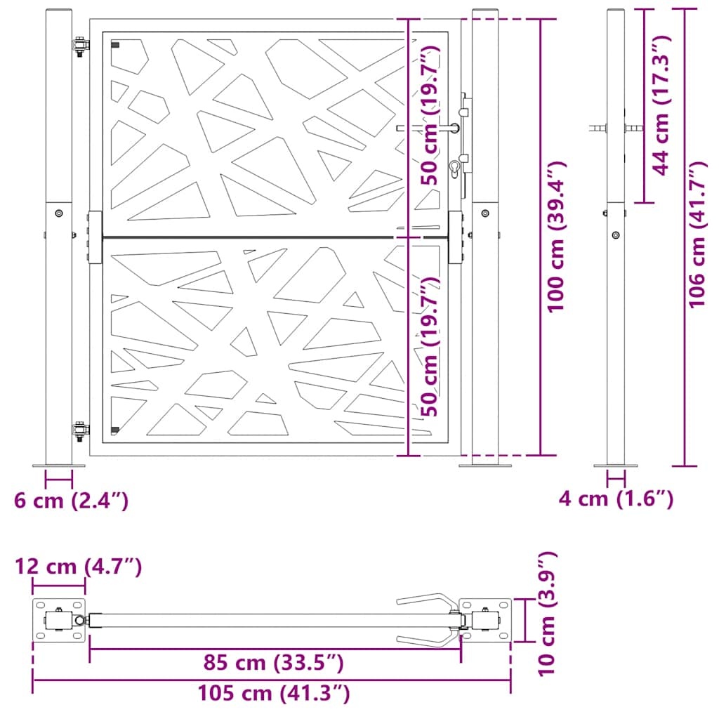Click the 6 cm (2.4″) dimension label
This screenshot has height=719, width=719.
click(x=71, y=501)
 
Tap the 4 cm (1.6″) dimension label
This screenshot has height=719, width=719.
click(x=616, y=499)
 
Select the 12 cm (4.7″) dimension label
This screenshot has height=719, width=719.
click(x=79, y=567)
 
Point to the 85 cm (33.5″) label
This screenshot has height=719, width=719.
click(x=272, y=662)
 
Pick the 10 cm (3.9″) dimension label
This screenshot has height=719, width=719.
click(x=548, y=613)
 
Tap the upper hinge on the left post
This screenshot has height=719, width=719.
click(x=81, y=47)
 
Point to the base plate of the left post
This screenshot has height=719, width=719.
click(x=59, y=465)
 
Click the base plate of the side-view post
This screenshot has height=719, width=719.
click(x=616, y=465)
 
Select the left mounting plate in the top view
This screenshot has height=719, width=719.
click(x=60, y=620)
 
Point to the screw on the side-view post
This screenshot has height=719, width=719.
click(x=616, y=235)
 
